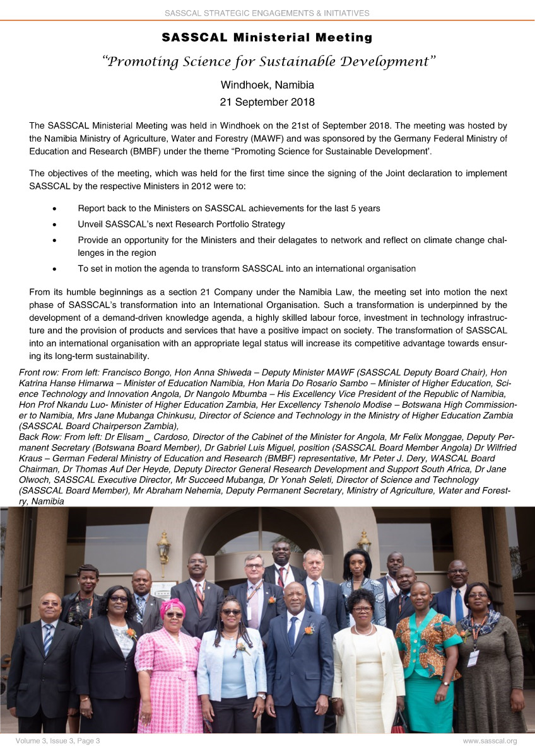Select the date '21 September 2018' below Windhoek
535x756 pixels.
point(267,101)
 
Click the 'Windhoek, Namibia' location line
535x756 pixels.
point(267,85)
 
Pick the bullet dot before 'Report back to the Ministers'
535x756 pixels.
point(56,209)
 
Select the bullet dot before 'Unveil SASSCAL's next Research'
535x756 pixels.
point(56,224)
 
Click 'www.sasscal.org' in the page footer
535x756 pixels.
point(490,741)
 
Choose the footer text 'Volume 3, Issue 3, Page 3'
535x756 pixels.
point(58,741)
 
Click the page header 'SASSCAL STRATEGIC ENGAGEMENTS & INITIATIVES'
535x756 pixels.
point(267,13)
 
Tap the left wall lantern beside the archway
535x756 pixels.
point(164,546)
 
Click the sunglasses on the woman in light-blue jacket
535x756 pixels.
point(231,612)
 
